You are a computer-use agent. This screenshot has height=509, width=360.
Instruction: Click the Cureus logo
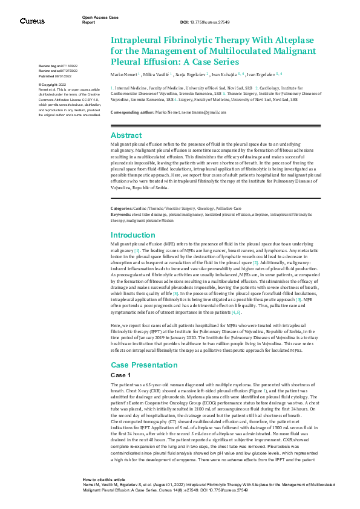(32, 21)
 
